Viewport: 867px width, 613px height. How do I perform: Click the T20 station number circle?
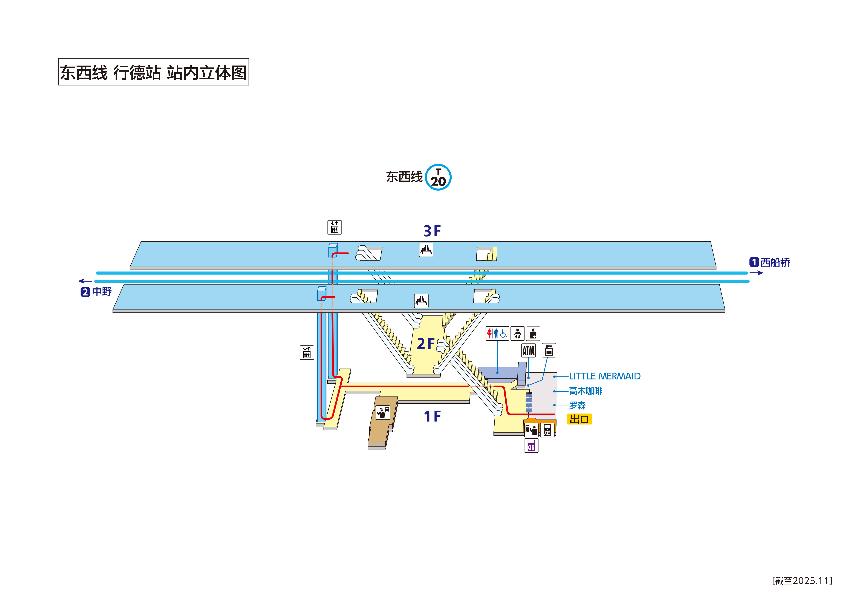[438, 177]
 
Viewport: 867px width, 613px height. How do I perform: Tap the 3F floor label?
[432, 231]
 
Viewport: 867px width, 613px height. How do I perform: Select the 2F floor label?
[426, 344]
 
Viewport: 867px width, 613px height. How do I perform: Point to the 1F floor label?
[432, 416]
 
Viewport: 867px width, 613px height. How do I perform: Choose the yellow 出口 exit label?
[579, 419]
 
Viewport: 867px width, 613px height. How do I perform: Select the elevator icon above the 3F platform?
[334, 227]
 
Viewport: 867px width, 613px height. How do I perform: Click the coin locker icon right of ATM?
[549, 351]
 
